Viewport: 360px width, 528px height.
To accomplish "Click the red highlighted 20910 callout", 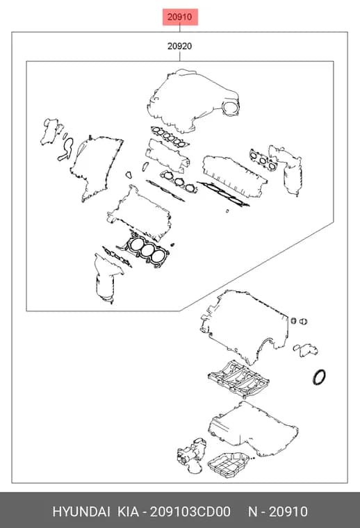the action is click(180, 17).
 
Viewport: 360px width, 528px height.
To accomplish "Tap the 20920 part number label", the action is click(180, 46).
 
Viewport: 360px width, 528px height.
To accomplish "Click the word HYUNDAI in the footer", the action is click(81, 511).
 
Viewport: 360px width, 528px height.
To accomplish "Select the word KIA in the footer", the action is click(128, 511).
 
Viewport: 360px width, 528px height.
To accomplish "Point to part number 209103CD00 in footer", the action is click(190, 511).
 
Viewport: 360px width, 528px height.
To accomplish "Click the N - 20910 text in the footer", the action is click(278, 511).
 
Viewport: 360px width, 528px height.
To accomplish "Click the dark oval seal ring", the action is click(319, 377).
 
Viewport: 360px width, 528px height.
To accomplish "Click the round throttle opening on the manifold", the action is click(231, 108).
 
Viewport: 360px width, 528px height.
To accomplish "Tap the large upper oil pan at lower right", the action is click(252, 429).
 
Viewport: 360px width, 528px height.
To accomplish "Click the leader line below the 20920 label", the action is click(180, 56).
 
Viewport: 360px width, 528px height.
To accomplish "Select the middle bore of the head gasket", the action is click(147, 250).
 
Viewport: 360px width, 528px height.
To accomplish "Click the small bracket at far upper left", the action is click(51, 131).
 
